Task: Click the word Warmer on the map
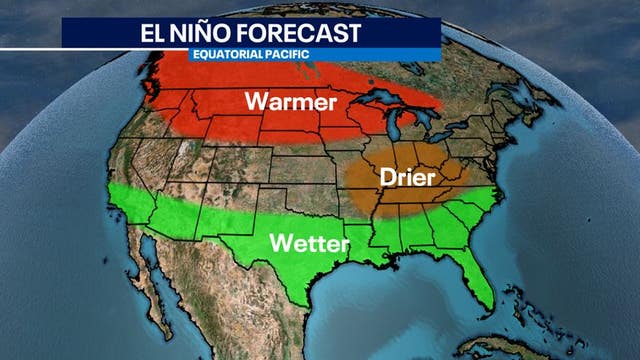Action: point(292,102)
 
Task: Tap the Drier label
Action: point(405,178)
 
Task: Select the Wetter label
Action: point(310,243)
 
